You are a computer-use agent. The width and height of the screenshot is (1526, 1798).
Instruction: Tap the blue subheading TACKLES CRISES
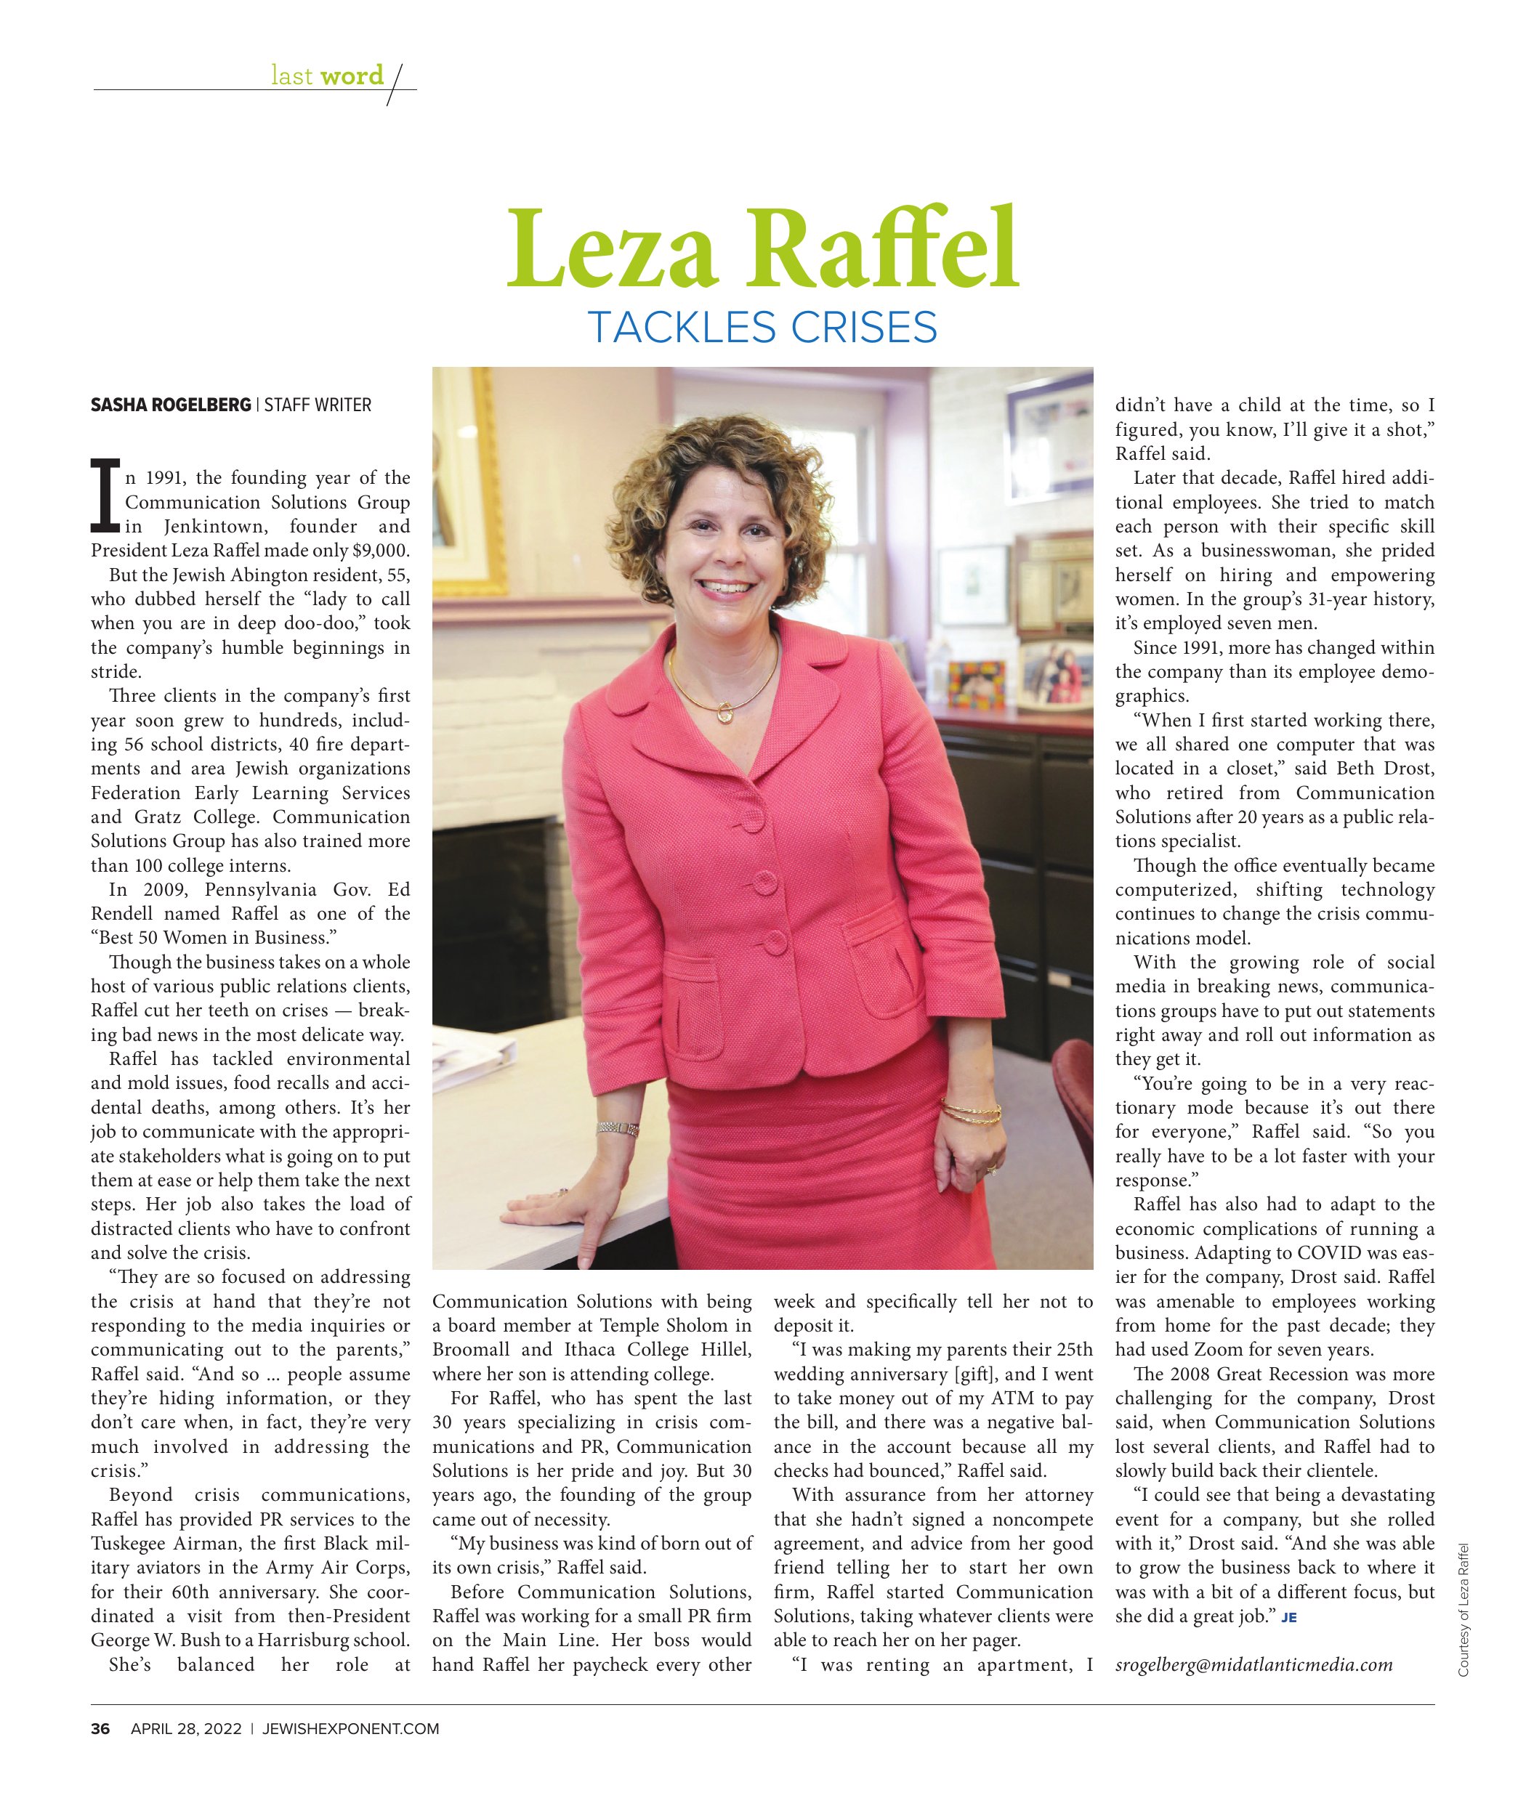point(762,328)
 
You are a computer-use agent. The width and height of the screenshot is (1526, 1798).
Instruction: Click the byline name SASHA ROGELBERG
point(171,405)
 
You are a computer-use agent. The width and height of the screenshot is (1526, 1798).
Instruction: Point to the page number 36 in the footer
point(100,1729)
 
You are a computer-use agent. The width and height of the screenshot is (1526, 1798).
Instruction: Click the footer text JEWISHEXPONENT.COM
point(350,1729)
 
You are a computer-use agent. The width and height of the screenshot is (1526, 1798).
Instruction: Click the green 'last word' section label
point(327,76)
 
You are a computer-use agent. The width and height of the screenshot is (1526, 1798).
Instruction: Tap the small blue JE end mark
point(1289,1617)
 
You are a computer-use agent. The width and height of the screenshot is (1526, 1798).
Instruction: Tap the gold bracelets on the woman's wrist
point(971,1113)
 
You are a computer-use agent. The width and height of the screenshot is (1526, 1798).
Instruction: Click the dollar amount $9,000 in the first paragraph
point(380,551)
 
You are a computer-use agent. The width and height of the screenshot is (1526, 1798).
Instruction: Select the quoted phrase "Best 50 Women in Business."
point(214,937)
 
